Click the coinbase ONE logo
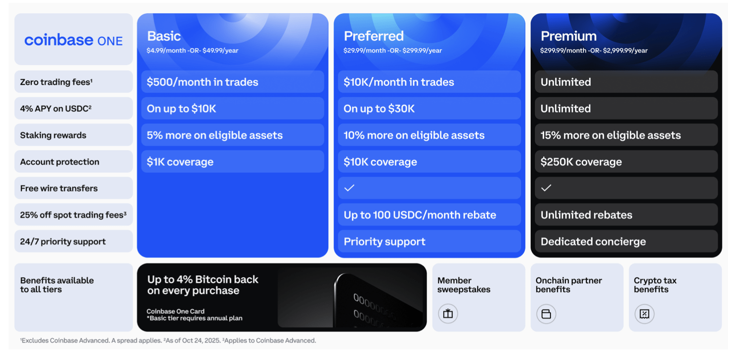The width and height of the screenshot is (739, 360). tap(73, 40)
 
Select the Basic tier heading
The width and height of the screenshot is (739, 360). tap(164, 36)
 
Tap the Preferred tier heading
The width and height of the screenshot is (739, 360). tap(373, 36)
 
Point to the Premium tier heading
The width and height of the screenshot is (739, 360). tap(568, 36)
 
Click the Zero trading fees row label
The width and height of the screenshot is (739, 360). tap(56, 82)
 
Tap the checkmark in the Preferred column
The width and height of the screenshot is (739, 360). tap(349, 188)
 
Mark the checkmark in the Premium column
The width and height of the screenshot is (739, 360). tap(546, 188)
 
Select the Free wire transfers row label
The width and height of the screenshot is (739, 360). tap(58, 188)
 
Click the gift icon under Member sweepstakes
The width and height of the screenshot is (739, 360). tap(448, 314)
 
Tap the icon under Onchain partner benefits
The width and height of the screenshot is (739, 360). tap(546, 314)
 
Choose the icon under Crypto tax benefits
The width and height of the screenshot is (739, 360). tap(644, 314)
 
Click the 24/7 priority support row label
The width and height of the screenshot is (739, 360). tap(63, 242)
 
